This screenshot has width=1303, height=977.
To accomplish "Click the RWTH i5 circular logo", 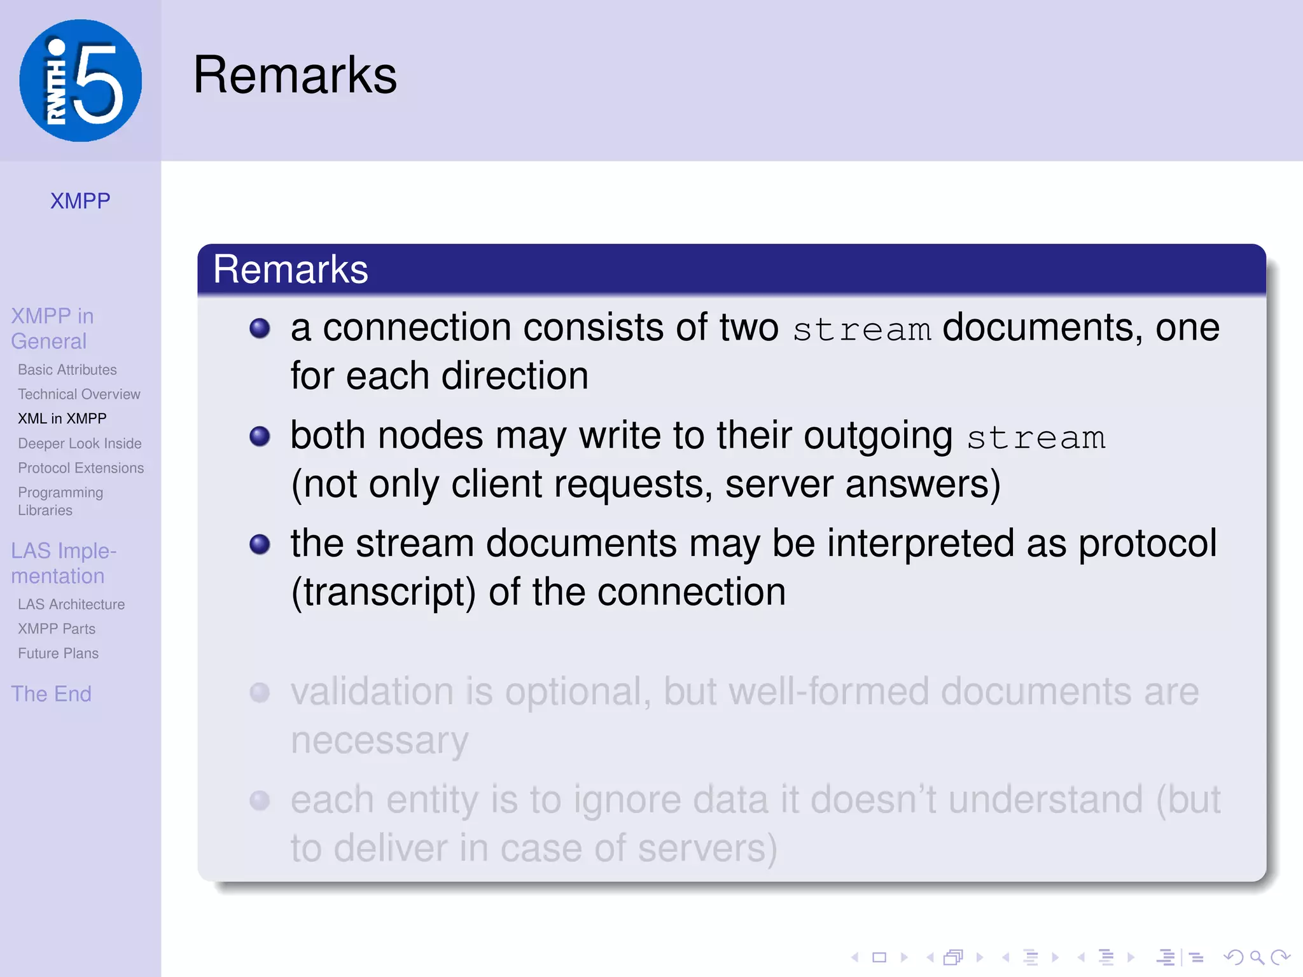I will pos(80,80).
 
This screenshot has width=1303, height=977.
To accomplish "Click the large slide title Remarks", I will pos(295,75).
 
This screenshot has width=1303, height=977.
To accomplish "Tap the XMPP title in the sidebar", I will pos(80,201).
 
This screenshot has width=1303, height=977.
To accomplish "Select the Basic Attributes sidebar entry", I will pos(67,370).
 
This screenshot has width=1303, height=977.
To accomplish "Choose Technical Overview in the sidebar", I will pos(79,394).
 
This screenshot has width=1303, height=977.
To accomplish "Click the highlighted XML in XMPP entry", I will pos(62,419).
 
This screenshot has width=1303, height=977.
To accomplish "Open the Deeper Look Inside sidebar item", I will pos(80,443).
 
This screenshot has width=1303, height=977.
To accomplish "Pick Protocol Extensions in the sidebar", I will pos(81,468).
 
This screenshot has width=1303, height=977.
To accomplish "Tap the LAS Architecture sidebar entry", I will pos(71,604).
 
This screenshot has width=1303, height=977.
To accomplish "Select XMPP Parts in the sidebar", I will pos(57,629).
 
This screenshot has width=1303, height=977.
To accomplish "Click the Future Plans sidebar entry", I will pos(58,653).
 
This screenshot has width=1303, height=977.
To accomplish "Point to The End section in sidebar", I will pos(51,694).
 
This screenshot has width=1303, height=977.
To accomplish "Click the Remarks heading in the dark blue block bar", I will pos(290,269).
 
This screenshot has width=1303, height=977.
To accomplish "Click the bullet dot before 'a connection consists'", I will pos(260,328).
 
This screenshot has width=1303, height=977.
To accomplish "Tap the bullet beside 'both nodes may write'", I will pos(260,436).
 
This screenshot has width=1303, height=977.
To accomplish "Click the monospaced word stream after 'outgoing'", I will pos(1036,438).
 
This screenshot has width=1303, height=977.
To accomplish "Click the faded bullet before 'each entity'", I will pos(260,800).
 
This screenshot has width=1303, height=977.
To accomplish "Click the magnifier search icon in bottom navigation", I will pos(1257,957).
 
